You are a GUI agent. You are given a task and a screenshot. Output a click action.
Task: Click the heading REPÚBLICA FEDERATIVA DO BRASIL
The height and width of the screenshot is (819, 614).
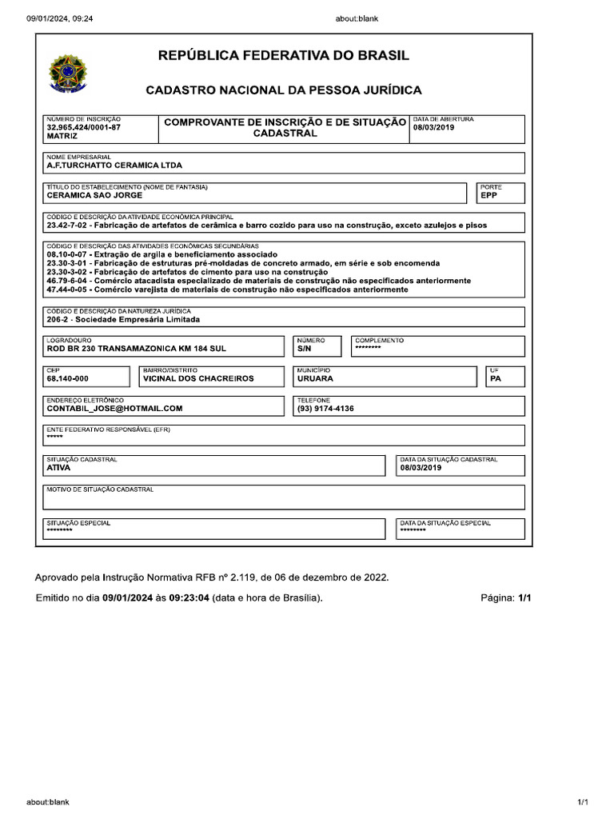[284, 56]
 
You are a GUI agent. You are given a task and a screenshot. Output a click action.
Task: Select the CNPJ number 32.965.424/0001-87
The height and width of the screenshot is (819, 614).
[84, 127]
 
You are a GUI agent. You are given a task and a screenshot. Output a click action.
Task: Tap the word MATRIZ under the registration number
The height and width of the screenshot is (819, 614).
[62, 137]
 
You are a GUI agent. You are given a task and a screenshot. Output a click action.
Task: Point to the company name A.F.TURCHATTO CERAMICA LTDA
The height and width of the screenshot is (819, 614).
[114, 166]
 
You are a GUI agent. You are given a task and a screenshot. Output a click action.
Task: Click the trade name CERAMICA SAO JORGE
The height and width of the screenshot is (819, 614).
[94, 195]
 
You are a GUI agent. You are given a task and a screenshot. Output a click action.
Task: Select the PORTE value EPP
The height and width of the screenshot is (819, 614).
[489, 195]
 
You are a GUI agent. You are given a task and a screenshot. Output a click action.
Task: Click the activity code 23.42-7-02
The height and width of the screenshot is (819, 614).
[70, 226]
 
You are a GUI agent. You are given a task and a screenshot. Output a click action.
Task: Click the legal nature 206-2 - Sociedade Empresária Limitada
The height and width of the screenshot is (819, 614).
[123, 319]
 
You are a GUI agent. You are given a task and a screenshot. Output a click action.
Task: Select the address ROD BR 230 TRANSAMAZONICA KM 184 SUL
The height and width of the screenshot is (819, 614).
[130, 350]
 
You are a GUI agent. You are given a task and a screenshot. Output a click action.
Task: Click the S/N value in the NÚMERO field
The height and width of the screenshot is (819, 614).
[305, 350]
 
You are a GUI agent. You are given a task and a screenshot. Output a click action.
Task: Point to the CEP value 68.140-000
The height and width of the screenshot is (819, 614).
[68, 379]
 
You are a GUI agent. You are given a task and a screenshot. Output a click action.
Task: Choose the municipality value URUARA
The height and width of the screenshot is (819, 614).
[315, 379]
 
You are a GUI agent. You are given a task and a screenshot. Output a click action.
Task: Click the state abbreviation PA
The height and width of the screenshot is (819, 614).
[496, 379]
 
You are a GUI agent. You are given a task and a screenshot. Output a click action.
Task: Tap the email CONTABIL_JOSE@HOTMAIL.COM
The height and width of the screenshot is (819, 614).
[114, 409]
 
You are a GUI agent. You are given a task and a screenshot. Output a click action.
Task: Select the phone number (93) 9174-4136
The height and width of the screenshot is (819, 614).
[325, 409]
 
